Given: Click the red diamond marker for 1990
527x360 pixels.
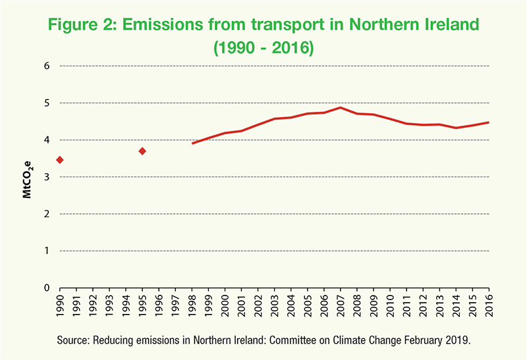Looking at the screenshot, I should [60, 160].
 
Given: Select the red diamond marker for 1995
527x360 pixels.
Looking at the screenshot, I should [142, 151].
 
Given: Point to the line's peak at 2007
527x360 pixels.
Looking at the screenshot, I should [341, 107].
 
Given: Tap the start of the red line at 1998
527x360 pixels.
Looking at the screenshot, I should [192, 143].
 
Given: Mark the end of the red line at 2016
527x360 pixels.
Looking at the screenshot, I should [489, 122].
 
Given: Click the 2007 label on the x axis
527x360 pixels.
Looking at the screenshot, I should [341, 305].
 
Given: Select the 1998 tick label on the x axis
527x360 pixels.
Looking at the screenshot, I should [192, 305].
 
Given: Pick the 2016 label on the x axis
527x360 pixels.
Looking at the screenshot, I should [489, 305].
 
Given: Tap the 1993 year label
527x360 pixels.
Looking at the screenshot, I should [109, 305].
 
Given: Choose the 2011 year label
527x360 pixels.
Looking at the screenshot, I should [406, 305].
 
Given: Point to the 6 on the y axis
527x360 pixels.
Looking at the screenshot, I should [47, 66].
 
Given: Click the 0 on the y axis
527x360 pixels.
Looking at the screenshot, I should [47, 288].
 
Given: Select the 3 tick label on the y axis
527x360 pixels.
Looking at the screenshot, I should [47, 177].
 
